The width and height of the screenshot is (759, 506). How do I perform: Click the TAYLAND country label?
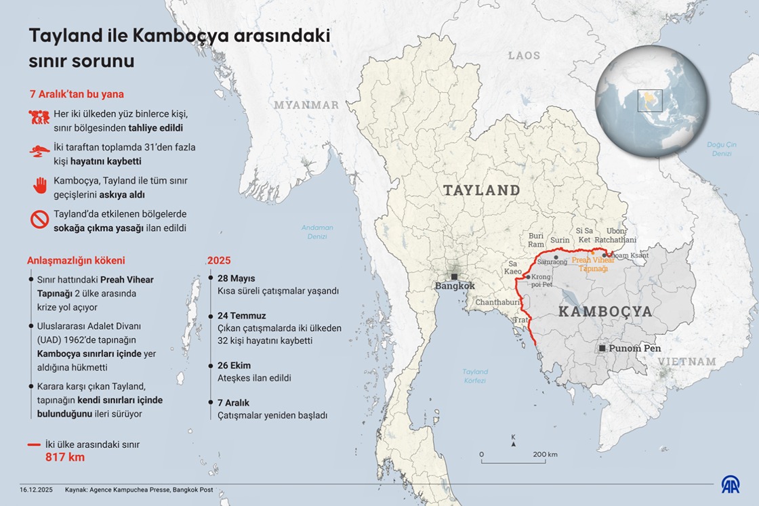click(481, 190)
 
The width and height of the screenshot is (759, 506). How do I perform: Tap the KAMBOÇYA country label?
click(605, 312)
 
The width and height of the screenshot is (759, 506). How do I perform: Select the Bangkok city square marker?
click(454, 276)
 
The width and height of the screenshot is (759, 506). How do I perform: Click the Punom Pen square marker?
click(601, 348)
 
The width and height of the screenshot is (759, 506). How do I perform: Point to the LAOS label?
click(525, 56)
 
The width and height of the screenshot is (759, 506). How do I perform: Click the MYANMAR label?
click(306, 105)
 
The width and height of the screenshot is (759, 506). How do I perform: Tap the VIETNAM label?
click(687, 362)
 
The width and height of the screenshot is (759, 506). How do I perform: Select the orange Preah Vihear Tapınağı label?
click(594, 263)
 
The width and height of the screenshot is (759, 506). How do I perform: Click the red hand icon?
click(39, 186)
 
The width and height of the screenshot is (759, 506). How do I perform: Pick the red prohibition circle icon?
click(39, 219)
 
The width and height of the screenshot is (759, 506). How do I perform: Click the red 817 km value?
click(65, 457)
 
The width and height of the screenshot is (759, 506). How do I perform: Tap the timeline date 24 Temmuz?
click(241, 316)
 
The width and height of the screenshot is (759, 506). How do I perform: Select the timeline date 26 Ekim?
click(234, 365)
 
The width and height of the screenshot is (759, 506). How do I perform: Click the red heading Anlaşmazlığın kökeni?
click(76, 260)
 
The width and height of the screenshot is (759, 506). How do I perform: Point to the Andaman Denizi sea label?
click(317, 232)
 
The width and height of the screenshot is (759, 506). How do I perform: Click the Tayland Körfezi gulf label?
click(474, 376)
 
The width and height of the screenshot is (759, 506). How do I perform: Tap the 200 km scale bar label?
click(544, 454)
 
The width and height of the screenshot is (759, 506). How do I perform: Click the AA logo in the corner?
click(730, 484)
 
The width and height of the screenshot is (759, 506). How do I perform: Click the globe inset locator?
click(652, 102)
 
